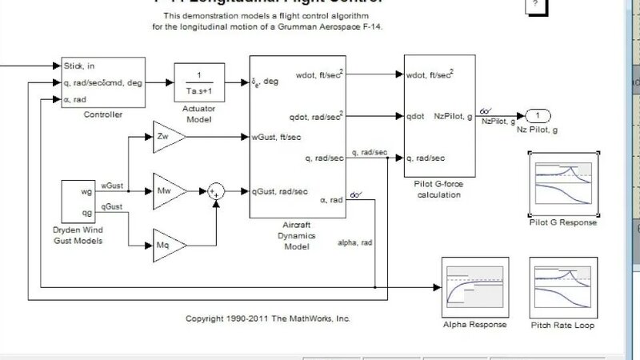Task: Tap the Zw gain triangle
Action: pyautogui.click(x=166, y=137)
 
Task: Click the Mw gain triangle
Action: pyautogui.click(x=166, y=192)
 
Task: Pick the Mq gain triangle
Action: pyautogui.click(x=166, y=243)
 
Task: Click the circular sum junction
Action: pyautogui.click(x=215, y=190)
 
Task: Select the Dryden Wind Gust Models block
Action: pyautogui.click(x=79, y=202)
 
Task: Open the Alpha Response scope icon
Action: pyautogui.click(x=474, y=287)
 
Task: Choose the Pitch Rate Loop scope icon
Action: pyautogui.click(x=563, y=287)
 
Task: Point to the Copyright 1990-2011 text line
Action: pyautogui.click(x=268, y=318)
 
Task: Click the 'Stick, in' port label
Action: pyautogui.click(x=78, y=66)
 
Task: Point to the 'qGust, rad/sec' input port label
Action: pyautogui.click(x=281, y=190)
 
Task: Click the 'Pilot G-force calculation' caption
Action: pyautogui.click(x=439, y=189)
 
